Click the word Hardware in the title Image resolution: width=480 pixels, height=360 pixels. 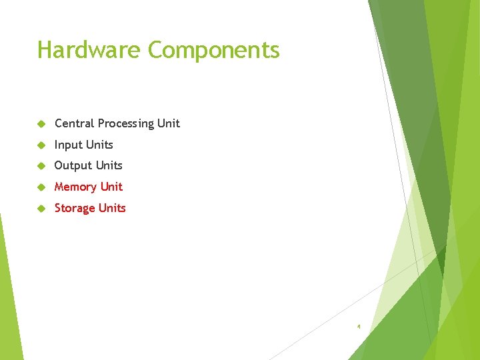[x=89, y=50]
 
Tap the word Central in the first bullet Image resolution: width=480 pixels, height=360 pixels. [x=74, y=123]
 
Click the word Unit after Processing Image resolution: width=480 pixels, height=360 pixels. [x=169, y=123]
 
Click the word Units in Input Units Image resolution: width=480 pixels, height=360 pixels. [x=99, y=145]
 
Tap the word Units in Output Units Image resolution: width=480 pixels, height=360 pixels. [x=109, y=165]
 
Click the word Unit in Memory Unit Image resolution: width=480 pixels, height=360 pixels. [x=111, y=187]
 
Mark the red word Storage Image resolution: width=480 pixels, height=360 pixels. [x=75, y=209]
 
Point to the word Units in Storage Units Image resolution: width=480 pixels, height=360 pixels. [x=112, y=208]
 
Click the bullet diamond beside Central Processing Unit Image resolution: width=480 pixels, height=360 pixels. [x=41, y=124]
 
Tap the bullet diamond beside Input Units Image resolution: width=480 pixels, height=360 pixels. [x=41, y=145]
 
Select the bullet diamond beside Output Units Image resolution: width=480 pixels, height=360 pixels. [x=41, y=166]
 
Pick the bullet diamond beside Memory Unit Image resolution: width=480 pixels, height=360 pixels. [x=41, y=187]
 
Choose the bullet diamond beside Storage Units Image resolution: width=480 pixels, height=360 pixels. [x=41, y=209]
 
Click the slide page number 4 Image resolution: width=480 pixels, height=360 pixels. [x=359, y=327]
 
